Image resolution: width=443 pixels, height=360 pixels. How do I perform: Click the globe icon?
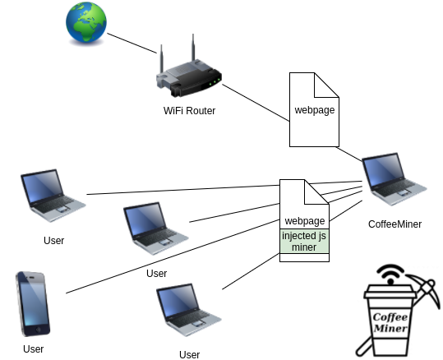[87, 24]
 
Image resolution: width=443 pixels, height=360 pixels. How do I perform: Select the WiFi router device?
[188, 74]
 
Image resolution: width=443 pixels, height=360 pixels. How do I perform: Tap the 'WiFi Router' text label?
[189, 111]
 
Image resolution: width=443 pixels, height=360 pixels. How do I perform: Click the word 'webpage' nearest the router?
[315, 110]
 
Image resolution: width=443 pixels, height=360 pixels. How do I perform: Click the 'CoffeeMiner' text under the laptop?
[395, 224]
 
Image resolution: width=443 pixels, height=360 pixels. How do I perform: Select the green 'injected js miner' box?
[304, 242]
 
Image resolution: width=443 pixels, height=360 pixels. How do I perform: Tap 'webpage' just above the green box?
[304, 221]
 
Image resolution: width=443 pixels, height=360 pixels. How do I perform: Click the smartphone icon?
[33, 303]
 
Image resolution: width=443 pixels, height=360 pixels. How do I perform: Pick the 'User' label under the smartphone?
[33, 348]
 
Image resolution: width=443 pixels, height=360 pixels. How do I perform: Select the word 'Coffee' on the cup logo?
[390, 316]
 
